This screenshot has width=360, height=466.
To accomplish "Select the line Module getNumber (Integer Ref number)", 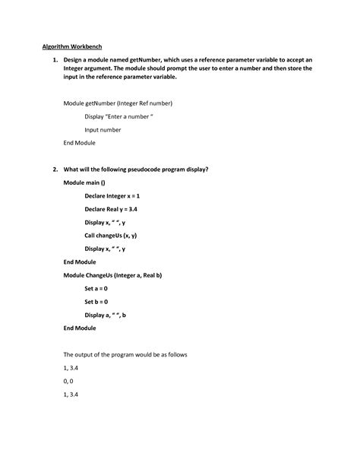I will (118, 103).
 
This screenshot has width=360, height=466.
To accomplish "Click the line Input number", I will (103, 129).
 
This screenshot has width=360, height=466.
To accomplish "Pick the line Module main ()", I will (84, 182).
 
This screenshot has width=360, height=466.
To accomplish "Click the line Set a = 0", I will (96, 288).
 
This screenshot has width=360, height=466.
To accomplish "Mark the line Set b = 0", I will (96, 301).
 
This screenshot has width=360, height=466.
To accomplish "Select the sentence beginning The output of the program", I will (125, 354).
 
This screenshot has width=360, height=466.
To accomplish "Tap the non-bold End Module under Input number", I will (79, 143).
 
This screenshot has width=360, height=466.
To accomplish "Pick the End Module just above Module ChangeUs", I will (79, 262).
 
